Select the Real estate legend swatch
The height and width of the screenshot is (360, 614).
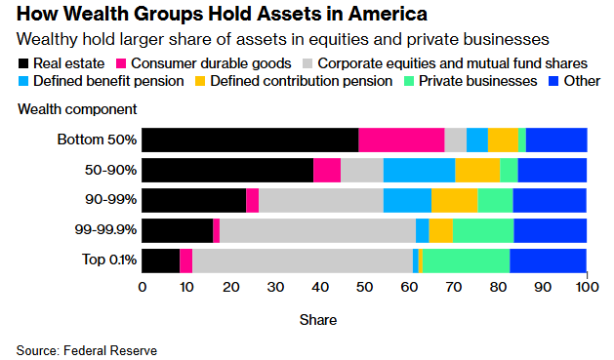[x=24, y=63]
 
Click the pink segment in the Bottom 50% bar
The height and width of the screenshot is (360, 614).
[x=401, y=140]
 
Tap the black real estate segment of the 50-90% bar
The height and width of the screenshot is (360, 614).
[x=227, y=170]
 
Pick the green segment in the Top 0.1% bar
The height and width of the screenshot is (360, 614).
[x=466, y=260]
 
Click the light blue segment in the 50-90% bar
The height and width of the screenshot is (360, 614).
[x=419, y=170]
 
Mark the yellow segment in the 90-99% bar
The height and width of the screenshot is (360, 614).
[x=454, y=200]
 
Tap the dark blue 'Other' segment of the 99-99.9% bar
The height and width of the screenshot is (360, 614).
[x=550, y=230]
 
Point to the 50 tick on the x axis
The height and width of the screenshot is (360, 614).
[x=364, y=288]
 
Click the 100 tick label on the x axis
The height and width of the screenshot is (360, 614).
[x=586, y=288]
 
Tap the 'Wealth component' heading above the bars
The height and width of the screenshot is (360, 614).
[x=77, y=109]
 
